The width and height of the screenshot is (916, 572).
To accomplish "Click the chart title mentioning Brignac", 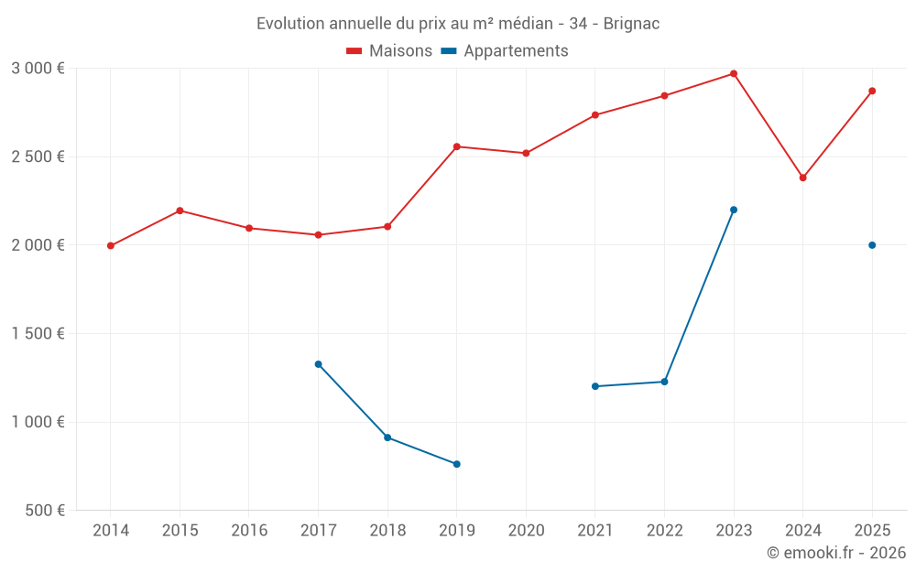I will click(458, 23).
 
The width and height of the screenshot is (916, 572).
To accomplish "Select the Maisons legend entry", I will click(389, 51).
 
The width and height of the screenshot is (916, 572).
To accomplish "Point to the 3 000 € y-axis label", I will click(38, 68).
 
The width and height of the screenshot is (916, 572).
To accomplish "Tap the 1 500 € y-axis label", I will click(38, 333).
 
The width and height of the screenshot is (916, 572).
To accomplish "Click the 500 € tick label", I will click(45, 510).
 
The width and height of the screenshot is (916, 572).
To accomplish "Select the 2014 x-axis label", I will click(111, 530).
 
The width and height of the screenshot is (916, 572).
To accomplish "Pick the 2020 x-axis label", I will click(526, 530).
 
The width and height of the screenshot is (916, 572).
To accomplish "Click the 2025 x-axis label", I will click(872, 530).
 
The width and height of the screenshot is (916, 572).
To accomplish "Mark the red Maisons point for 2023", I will click(734, 73).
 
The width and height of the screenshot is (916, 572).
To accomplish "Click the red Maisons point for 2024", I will click(803, 178).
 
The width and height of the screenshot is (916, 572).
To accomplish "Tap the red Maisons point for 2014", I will click(111, 245).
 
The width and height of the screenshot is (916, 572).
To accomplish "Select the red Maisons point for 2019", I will click(457, 146).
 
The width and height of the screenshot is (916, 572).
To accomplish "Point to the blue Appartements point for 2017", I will click(318, 364).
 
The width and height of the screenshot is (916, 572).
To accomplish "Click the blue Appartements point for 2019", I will click(457, 464).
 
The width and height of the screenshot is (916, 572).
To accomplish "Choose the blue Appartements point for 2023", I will click(734, 210).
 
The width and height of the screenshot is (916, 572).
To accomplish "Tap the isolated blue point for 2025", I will click(872, 245).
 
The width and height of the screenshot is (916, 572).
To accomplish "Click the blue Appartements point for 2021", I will click(595, 386).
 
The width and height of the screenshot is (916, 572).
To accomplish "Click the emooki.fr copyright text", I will click(835, 553).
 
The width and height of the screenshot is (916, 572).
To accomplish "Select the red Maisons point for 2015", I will click(180, 210).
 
